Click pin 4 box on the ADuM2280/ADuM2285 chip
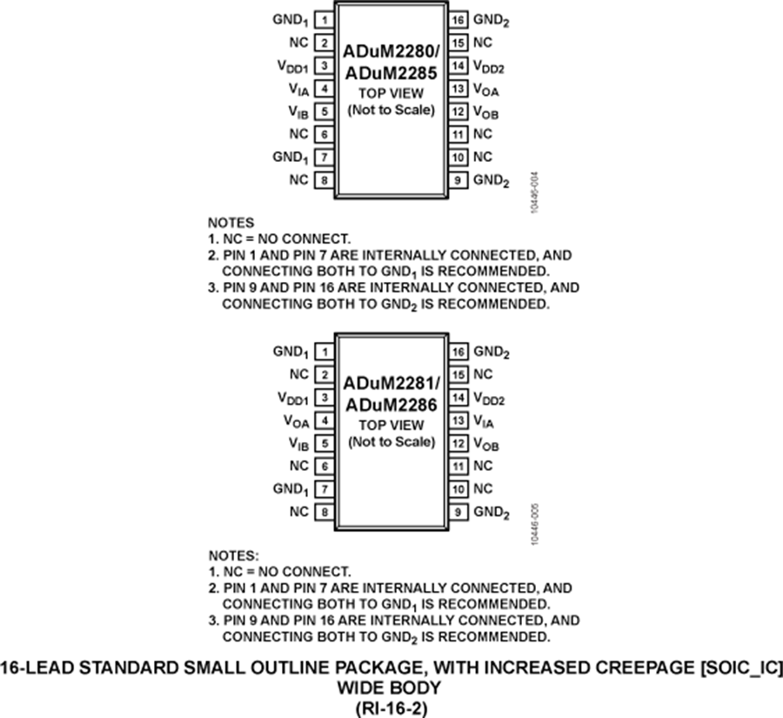(324, 89)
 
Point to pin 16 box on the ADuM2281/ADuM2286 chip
(458, 352)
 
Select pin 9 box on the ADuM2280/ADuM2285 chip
(458, 180)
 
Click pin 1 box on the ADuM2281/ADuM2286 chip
(324, 352)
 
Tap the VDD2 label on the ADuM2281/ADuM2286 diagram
(489, 399)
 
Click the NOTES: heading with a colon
(234, 554)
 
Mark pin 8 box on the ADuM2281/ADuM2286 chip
(324, 512)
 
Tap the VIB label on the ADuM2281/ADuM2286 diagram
(298, 445)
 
